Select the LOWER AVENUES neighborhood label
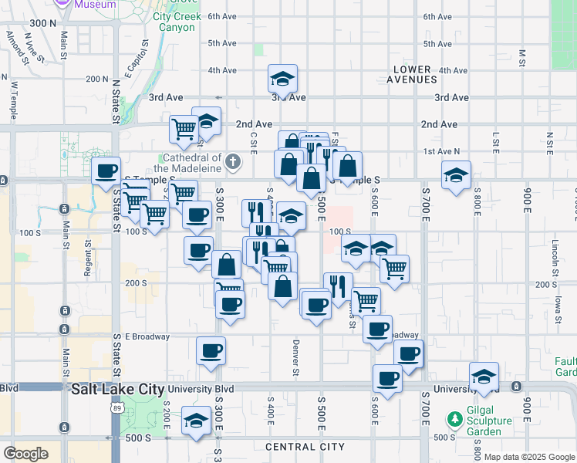(x=411, y=74)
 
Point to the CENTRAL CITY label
(x=305, y=447)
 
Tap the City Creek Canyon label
(x=177, y=22)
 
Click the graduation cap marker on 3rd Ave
(x=283, y=78)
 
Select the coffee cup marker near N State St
(x=106, y=171)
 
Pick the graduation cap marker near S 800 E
(x=456, y=174)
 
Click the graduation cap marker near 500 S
(x=197, y=421)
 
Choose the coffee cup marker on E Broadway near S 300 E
(x=211, y=351)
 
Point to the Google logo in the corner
(x=25, y=454)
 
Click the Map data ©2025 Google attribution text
(x=529, y=457)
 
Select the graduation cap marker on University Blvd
(x=484, y=376)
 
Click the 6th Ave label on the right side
(x=437, y=16)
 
